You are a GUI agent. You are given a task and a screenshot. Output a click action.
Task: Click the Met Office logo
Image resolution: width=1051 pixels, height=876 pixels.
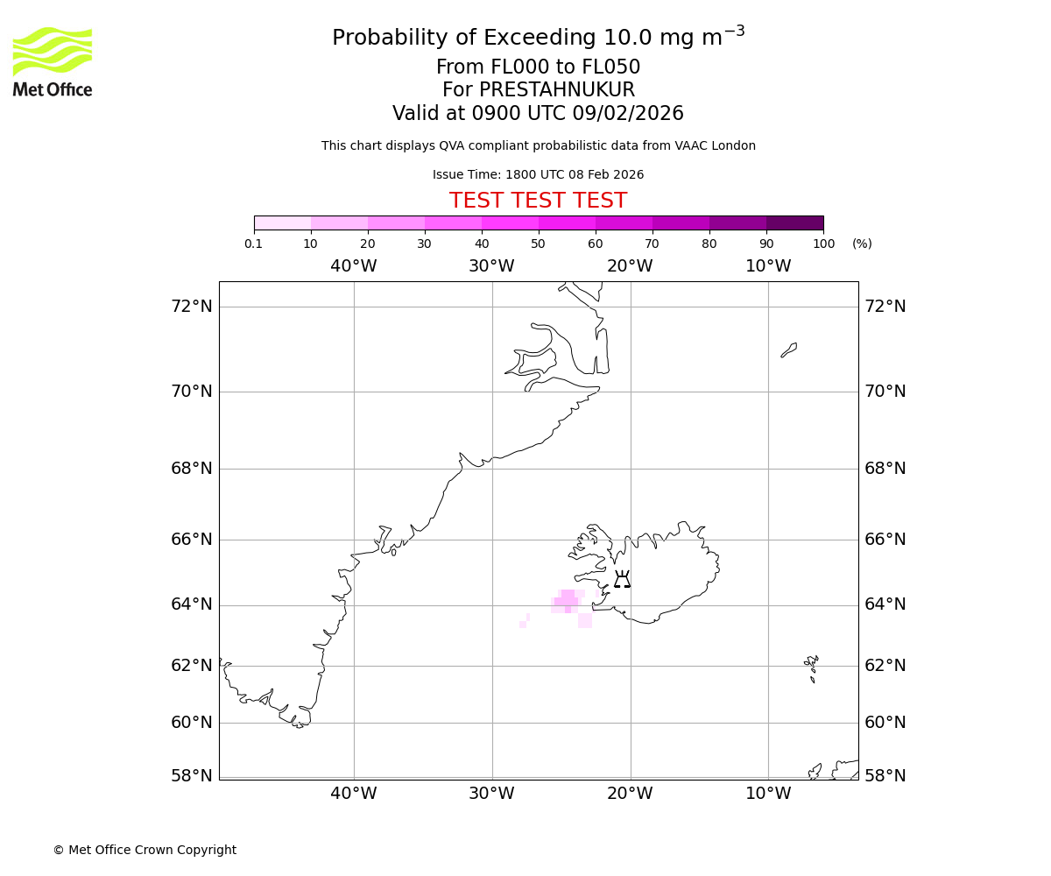[53, 61]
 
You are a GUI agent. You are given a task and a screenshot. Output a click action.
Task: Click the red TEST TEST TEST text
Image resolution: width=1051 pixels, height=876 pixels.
[538, 201]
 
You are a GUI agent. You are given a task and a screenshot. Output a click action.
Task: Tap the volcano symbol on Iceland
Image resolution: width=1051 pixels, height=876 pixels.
[622, 579]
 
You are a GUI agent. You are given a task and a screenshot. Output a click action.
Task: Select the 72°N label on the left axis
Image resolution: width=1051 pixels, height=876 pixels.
[192, 307]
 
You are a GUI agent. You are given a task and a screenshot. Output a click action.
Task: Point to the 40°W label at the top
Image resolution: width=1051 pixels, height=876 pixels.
[354, 266]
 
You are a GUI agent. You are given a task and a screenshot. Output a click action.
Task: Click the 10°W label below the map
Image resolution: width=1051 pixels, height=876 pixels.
[768, 794]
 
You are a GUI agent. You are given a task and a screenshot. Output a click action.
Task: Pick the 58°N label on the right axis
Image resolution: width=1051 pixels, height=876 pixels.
[885, 776]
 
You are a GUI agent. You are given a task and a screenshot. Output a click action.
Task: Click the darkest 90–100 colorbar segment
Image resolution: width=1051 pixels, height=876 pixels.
[794, 223]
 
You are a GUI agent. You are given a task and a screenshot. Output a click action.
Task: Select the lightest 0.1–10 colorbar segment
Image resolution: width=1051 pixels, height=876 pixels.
[282, 223]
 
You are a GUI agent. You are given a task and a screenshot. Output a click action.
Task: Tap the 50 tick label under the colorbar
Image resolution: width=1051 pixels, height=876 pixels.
[538, 244]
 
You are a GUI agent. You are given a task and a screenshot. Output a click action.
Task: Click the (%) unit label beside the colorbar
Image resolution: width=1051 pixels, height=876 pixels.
[862, 244]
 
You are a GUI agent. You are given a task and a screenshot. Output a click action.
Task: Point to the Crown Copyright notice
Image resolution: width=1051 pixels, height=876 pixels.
[145, 850]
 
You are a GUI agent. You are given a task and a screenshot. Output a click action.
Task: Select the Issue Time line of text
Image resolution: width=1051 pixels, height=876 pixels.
[538, 175]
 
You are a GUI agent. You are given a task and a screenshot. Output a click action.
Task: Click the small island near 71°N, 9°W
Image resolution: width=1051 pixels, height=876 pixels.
[789, 350]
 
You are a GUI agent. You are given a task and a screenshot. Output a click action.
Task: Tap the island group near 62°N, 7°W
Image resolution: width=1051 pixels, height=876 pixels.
[812, 667]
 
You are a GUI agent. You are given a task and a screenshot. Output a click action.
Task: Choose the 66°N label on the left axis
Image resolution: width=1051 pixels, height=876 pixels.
[192, 540]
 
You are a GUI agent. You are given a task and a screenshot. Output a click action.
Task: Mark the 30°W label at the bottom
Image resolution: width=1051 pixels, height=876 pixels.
[491, 794]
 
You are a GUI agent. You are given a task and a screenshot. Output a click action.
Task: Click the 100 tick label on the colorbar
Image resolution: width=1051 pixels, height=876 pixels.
[823, 244]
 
